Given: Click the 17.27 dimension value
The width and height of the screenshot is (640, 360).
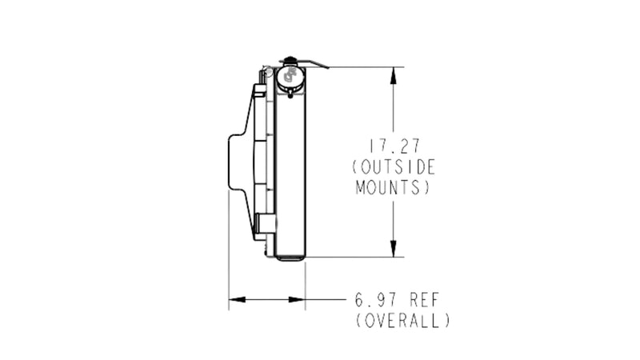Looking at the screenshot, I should [393, 147].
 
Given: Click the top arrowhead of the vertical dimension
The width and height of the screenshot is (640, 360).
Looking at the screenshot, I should [394, 74].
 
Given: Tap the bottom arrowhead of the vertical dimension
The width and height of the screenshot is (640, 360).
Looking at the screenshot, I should [394, 250].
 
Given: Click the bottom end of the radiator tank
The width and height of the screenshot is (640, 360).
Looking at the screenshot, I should [290, 257].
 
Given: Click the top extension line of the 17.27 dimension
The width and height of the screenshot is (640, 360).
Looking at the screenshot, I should [360, 66].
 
